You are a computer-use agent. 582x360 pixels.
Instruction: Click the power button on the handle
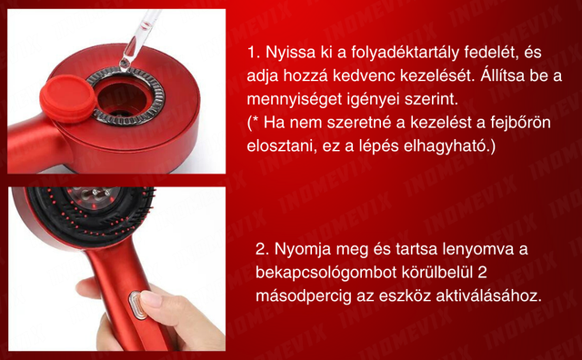coord(136,305)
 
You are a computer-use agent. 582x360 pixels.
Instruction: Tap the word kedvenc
coord(364,75)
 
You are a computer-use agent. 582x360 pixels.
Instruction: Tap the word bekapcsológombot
coord(326,273)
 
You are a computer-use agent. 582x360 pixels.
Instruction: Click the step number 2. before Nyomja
coord(262,249)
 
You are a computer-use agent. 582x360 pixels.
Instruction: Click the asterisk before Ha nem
coord(256,119)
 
